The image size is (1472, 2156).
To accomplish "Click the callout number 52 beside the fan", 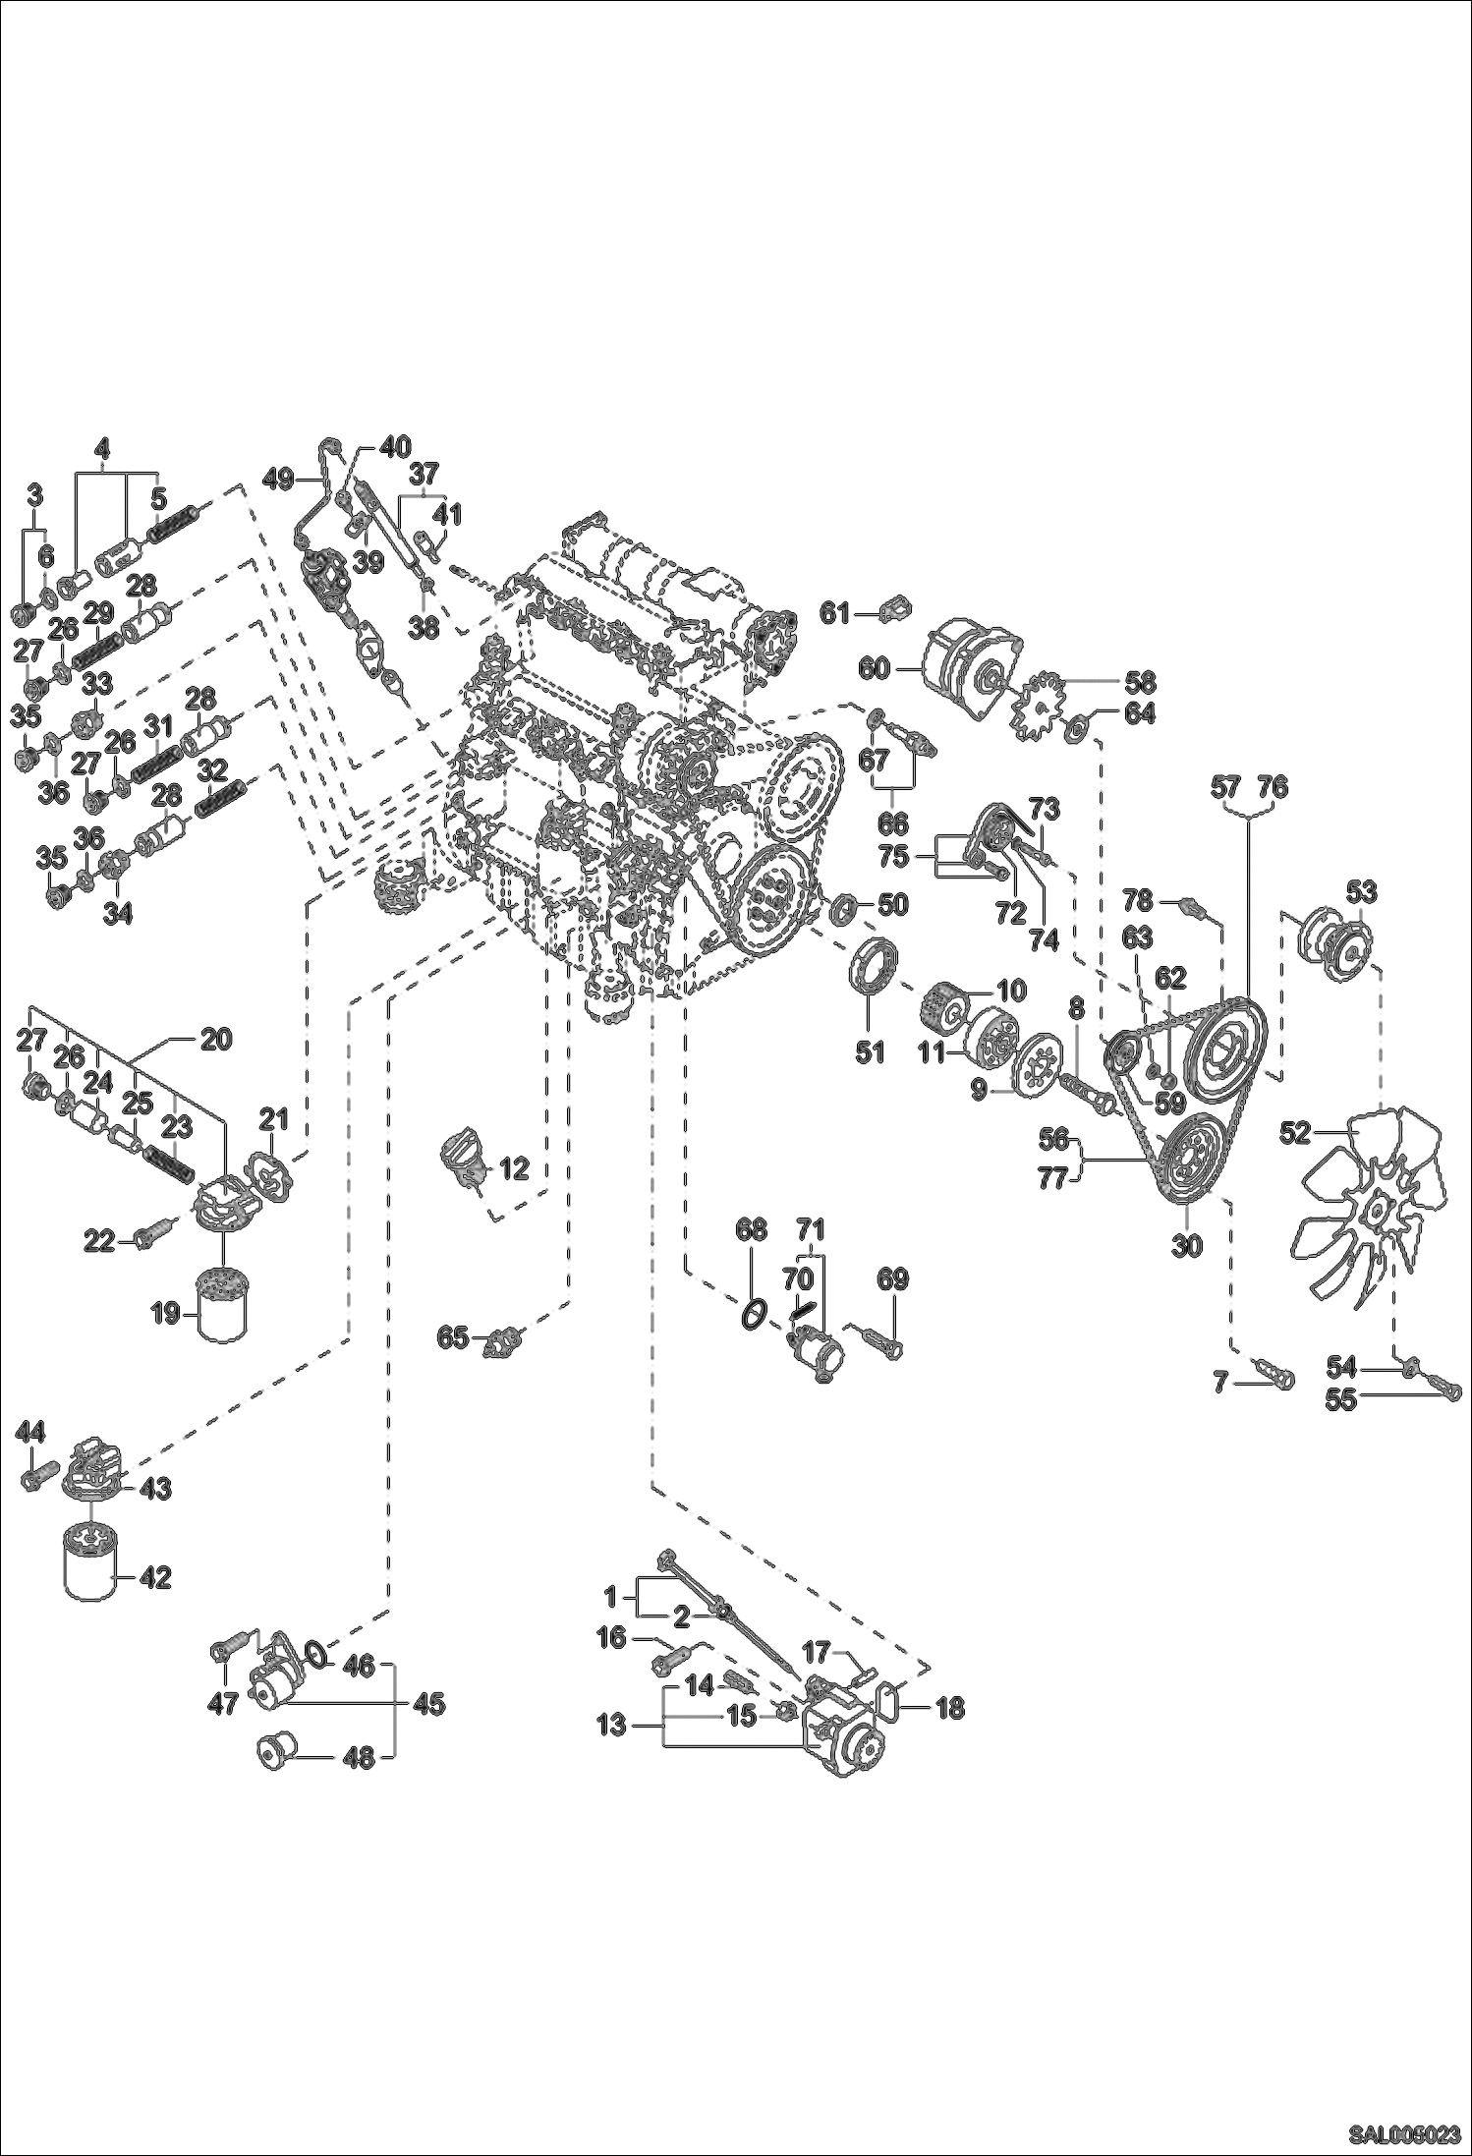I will point(1294,1133).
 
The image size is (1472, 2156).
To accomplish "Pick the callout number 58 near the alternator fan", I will point(1140,682).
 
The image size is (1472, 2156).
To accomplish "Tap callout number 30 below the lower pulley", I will point(1187,1246).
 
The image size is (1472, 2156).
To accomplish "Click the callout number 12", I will point(514,1168).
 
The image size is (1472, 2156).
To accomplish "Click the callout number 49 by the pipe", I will point(279,480).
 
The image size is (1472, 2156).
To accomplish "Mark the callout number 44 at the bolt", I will point(30,1437).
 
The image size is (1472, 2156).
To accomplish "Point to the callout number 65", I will point(453,1335).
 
